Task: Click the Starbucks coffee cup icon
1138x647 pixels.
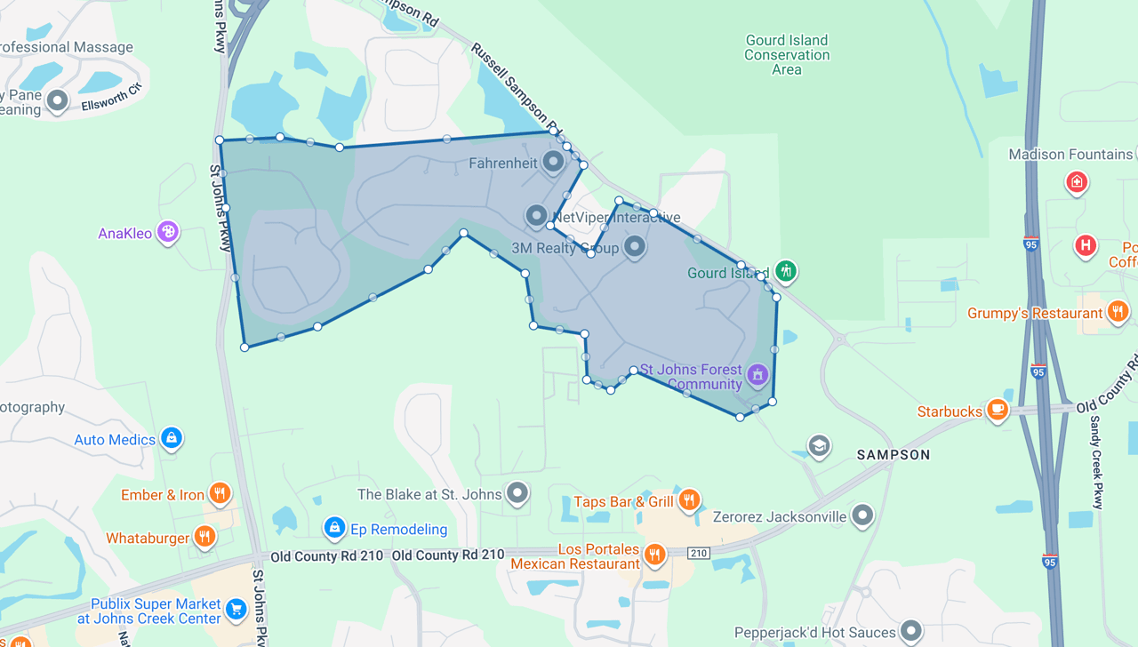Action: point(997,410)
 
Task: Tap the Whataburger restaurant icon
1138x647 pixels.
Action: point(204,536)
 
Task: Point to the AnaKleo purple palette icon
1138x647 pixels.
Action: point(167,232)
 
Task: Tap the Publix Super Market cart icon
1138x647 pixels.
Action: point(236,609)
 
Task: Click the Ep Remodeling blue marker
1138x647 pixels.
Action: point(334,528)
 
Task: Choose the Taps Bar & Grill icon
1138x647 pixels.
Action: point(688,500)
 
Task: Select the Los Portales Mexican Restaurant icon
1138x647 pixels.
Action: point(654,555)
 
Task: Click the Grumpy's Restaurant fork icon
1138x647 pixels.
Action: point(1118,311)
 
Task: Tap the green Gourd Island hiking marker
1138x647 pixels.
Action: point(785,271)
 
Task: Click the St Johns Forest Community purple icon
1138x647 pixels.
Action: point(757,374)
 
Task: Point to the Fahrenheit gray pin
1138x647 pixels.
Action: point(553,162)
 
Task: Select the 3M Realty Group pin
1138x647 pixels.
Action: point(634,246)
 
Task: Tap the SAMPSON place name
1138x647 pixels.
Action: point(894,455)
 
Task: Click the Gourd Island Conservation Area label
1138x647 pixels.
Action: point(787,54)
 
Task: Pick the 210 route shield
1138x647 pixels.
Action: point(699,554)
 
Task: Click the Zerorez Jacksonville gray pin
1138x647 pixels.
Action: point(862,515)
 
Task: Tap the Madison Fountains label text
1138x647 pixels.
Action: point(1070,155)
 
